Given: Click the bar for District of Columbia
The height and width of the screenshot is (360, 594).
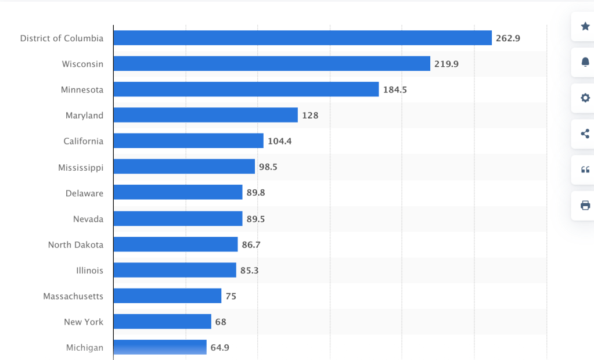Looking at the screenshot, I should (302, 38).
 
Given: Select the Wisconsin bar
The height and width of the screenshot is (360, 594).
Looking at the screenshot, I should (272, 64).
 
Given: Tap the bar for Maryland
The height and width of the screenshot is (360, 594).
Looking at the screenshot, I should (206, 115).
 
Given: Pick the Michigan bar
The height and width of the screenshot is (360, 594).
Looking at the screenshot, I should (160, 347).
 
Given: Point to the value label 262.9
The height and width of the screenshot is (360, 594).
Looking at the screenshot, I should (508, 38).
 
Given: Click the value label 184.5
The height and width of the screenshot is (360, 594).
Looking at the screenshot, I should (395, 89).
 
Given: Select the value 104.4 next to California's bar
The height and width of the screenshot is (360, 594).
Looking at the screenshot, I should (279, 141).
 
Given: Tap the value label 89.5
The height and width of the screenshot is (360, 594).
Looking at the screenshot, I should (255, 219).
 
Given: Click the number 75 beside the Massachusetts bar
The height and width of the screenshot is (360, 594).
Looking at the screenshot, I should (231, 296).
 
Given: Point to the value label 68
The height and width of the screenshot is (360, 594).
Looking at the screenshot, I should (221, 322).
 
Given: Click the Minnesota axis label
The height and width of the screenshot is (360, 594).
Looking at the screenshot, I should (82, 89).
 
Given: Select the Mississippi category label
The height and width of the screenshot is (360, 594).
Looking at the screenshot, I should (81, 168).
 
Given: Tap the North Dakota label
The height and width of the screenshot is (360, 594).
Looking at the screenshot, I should (75, 244).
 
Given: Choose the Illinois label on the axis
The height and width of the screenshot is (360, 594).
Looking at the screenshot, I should (89, 270).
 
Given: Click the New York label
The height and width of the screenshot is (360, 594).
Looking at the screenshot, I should (84, 322).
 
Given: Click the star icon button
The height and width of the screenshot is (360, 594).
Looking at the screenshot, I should (585, 26).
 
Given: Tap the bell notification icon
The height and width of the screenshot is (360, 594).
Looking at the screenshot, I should (585, 62).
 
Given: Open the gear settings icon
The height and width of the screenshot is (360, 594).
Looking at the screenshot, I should (585, 98).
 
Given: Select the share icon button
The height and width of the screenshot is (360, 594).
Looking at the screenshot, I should (585, 134).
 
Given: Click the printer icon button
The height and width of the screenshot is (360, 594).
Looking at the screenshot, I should (585, 205).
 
